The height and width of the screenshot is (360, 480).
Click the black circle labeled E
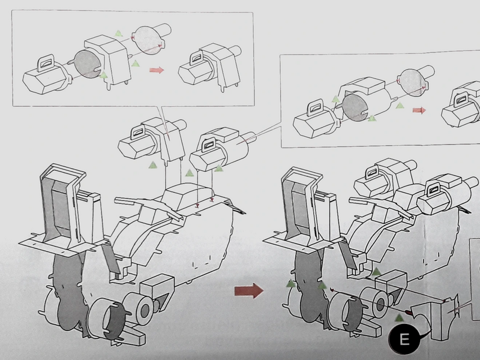[x=404, y=340]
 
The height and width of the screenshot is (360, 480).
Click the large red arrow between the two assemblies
[x=248, y=291]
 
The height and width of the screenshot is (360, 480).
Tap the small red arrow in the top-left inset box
[x=157, y=70]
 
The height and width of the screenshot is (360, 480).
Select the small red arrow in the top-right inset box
[x=419, y=110]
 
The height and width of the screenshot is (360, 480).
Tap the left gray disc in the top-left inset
[x=88, y=65]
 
